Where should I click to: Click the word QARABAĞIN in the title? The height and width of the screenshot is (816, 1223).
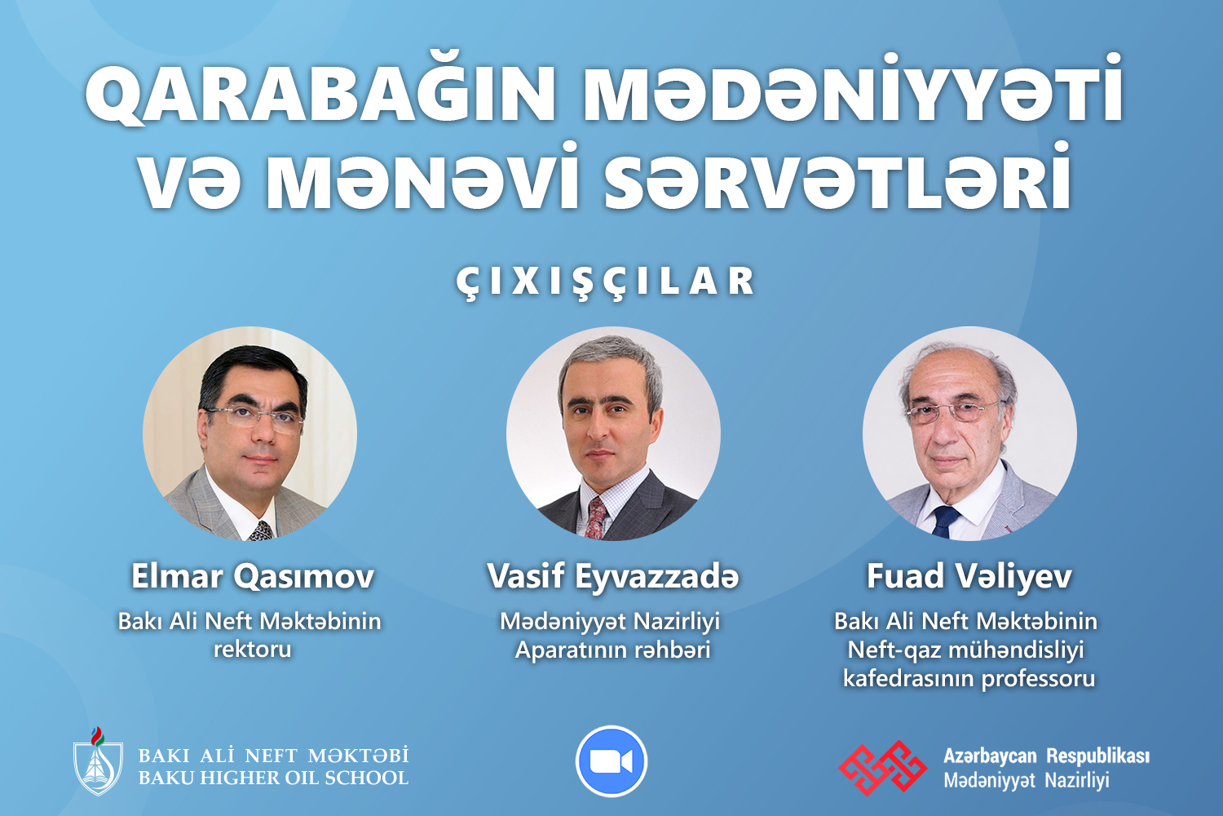click(320, 94)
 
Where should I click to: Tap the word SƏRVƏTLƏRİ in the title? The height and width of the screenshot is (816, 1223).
click(837, 176)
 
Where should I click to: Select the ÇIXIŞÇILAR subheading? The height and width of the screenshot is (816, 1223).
click(606, 282)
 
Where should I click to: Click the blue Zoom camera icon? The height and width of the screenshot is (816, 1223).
click(611, 761)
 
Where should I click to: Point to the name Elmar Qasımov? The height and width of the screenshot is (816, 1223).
click(253, 576)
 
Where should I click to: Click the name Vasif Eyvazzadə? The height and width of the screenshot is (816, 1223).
click(612, 577)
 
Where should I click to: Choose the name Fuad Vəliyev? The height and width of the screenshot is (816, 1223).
click(969, 577)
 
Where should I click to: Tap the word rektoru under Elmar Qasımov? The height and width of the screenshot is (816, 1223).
click(252, 650)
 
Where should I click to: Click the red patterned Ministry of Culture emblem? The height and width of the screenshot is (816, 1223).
click(883, 766)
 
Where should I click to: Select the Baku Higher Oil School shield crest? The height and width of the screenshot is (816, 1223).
click(99, 761)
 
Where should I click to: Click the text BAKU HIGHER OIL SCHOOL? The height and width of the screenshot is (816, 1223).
click(273, 778)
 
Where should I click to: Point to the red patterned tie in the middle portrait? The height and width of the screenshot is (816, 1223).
click(596, 517)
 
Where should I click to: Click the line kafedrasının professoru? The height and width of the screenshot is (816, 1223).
click(969, 679)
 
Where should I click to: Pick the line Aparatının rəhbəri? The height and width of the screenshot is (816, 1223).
click(612, 650)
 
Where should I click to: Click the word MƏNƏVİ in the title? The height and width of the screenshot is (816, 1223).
click(422, 176)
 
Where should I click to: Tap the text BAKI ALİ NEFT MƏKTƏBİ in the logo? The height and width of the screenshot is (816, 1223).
click(273, 756)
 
